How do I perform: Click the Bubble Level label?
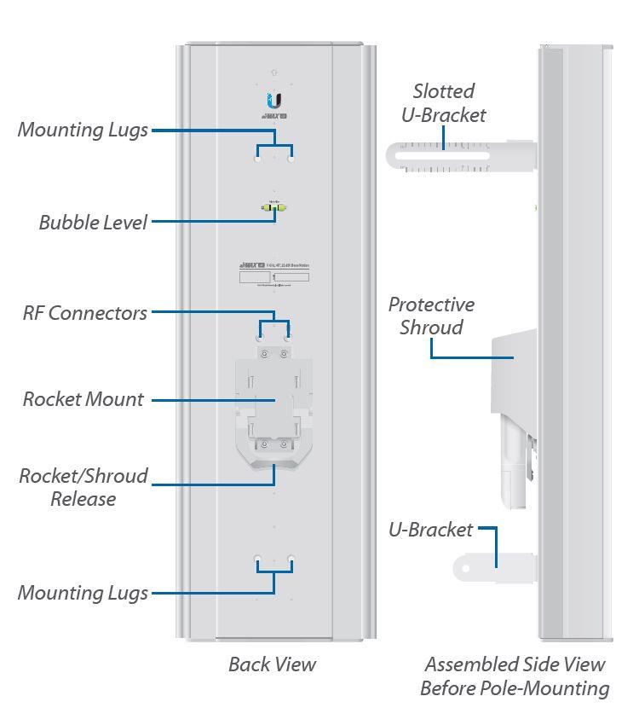93,223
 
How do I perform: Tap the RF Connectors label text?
85,313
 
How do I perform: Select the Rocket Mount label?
83,399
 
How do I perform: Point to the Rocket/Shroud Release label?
83,487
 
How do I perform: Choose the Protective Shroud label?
431,316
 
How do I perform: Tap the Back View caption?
273,664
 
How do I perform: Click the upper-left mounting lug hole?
258,157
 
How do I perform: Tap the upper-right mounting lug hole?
291,157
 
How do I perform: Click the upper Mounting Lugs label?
83,130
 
